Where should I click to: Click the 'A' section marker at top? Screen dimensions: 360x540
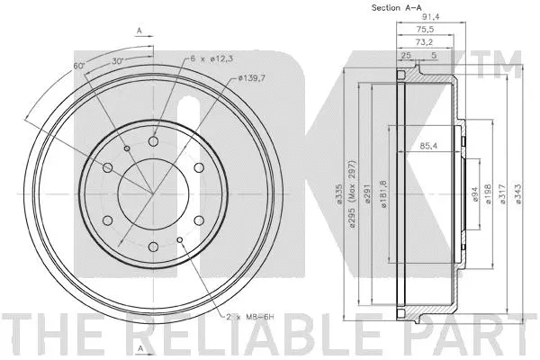[x=139, y=30]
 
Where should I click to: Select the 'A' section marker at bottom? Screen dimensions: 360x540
[x=139, y=347]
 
